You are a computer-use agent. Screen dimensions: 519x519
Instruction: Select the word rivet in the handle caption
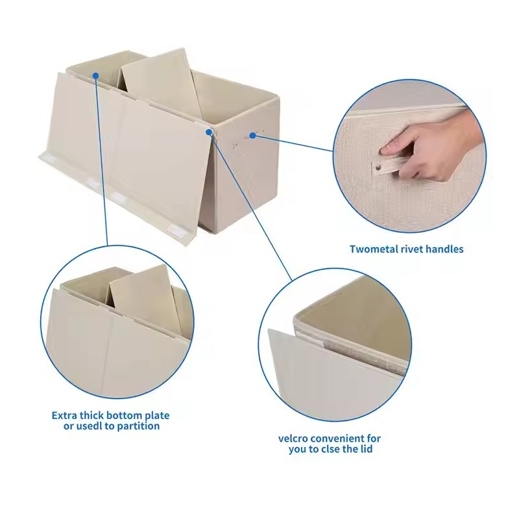[x=412, y=249]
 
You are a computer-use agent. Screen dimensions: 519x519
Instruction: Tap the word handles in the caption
[x=444, y=249]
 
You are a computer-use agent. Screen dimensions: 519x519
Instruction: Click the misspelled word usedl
[x=89, y=426]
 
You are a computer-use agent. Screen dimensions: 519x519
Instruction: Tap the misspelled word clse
[x=337, y=449]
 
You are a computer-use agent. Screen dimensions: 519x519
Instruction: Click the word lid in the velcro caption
[x=367, y=449]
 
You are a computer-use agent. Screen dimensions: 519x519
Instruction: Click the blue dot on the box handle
[x=252, y=136]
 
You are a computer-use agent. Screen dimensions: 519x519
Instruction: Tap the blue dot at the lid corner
[x=209, y=132]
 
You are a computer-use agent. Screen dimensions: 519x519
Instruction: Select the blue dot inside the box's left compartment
[x=95, y=76]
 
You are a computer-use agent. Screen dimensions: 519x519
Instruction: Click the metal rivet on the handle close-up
[x=378, y=169]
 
